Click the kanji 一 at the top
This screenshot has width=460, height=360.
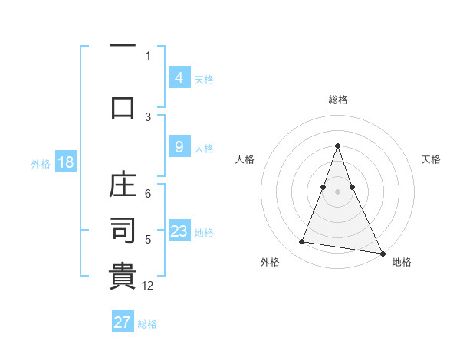(x=123, y=46)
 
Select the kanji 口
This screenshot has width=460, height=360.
(x=123, y=106)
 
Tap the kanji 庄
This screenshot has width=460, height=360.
(x=123, y=186)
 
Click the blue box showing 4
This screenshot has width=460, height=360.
(x=179, y=78)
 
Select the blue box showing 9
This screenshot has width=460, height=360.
(x=179, y=148)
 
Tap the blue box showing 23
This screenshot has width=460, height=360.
(x=179, y=232)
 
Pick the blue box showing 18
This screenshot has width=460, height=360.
(x=64, y=162)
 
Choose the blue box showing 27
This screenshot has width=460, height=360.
(x=123, y=322)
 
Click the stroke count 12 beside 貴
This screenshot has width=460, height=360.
(x=148, y=286)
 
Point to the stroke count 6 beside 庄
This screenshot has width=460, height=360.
(x=148, y=195)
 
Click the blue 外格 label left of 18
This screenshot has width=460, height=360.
(x=40, y=163)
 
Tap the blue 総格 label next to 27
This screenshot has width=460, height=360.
(x=147, y=323)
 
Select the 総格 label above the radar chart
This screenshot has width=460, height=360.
(x=337, y=100)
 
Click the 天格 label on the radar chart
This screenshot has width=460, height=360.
(x=431, y=159)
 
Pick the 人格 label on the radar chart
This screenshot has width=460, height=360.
(x=244, y=159)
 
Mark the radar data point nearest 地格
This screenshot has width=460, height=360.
(x=382, y=253)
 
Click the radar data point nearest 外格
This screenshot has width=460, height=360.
(x=302, y=242)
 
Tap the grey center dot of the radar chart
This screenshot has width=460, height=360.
(x=337, y=191)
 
